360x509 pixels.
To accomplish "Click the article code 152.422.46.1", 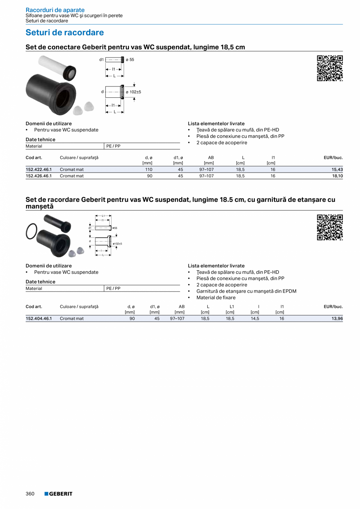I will (39, 169).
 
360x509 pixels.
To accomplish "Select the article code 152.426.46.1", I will (39, 176).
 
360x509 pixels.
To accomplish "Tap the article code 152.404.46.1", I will (39, 318).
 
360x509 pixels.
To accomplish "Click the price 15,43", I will (337, 169).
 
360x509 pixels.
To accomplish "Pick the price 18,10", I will (337, 176).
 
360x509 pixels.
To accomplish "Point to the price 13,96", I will (337, 318).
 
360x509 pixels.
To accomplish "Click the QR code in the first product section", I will (330, 68).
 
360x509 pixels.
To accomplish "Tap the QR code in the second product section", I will (330, 227).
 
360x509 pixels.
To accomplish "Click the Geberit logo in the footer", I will (58, 494).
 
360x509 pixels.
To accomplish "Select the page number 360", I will (30, 494).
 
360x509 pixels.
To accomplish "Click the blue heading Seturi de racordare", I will (65, 32).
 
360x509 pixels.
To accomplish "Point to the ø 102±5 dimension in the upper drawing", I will (133, 92).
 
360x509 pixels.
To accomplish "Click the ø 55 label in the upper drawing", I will (130, 59).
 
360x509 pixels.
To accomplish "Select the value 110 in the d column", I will (148, 169).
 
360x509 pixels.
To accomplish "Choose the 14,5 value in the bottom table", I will (255, 318).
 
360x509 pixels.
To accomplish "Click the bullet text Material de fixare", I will (216, 298).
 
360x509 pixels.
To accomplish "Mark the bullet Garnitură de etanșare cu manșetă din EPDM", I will (246, 291).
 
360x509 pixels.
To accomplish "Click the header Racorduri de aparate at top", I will (55, 10).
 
